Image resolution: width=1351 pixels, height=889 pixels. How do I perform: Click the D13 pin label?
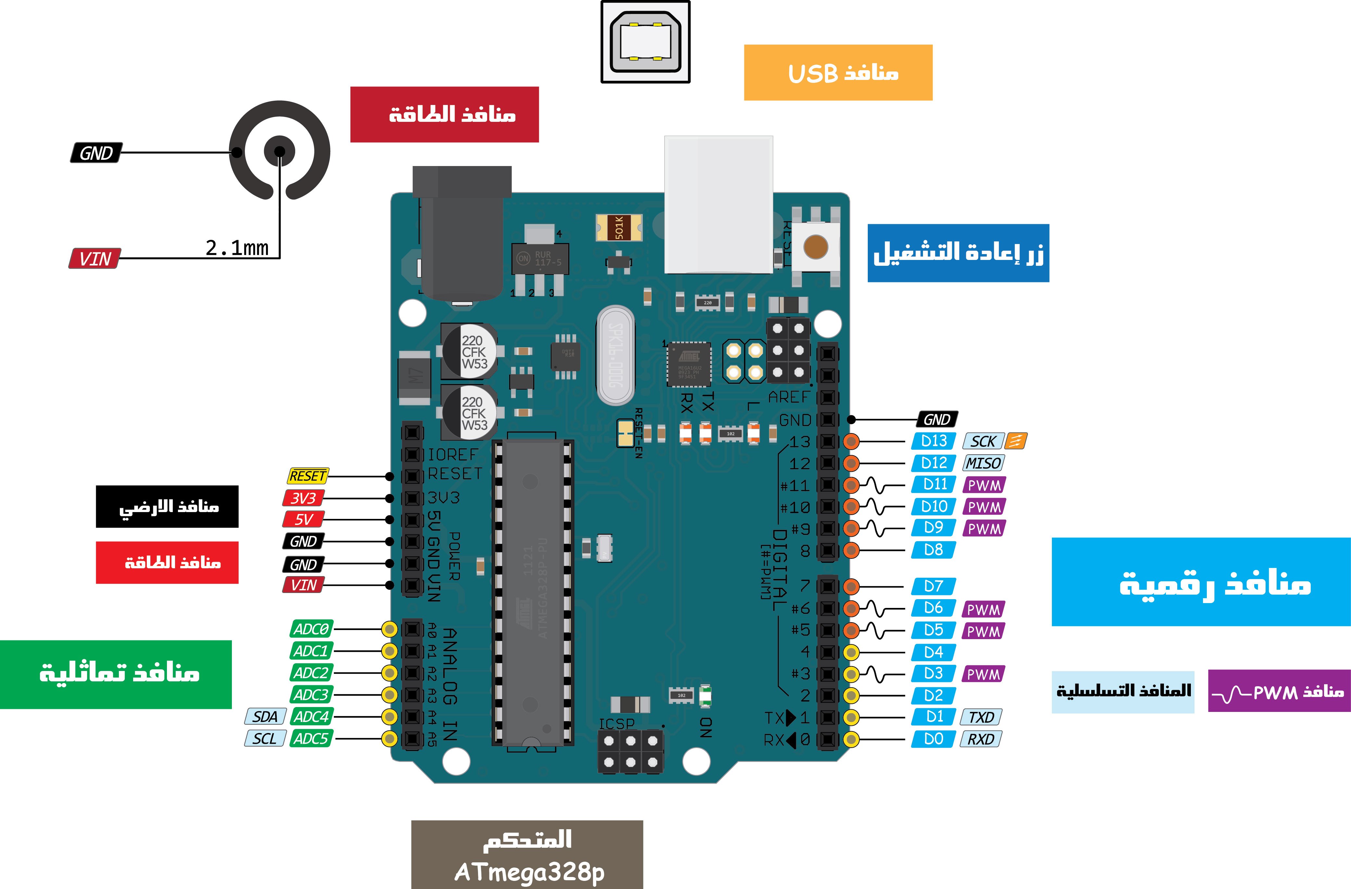tap(933, 441)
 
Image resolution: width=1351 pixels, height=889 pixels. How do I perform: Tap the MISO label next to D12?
tap(983, 463)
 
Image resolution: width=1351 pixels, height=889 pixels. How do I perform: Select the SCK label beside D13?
tap(983, 441)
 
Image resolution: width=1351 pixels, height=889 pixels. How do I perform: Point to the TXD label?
tap(981, 717)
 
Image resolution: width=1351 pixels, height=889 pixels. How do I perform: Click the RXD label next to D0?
tap(980, 739)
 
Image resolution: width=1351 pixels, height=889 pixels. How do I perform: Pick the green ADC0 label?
tap(311, 629)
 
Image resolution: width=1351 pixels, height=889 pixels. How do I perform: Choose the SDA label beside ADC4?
tap(265, 716)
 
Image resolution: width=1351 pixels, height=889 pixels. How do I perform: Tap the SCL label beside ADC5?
tap(265, 739)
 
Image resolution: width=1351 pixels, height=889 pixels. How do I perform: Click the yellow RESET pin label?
tap(308, 475)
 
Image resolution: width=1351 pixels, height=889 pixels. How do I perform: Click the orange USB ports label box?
tap(838, 73)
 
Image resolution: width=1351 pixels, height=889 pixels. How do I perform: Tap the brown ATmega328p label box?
tap(527, 854)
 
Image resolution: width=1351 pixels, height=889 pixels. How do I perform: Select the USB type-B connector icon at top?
tap(645, 42)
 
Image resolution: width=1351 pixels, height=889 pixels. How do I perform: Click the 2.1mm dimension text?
tap(237, 248)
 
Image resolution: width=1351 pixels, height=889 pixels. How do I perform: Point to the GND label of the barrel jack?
tap(96, 153)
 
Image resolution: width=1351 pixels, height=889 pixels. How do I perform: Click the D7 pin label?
tap(933, 586)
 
